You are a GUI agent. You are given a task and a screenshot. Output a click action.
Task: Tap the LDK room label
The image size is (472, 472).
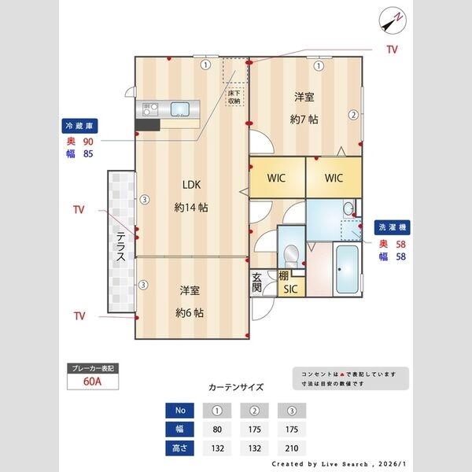tap(191, 185)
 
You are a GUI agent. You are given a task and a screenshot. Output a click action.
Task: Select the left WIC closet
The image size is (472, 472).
tap(276, 178)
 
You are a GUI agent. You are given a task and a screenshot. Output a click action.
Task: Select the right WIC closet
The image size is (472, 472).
tap(334, 178)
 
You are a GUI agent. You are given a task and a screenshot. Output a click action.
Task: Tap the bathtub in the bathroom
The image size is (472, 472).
tap(347, 269)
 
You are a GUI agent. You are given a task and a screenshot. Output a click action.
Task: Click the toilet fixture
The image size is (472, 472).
tap(292, 254)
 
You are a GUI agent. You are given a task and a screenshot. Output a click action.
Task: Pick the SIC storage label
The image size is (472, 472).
tap(291, 289)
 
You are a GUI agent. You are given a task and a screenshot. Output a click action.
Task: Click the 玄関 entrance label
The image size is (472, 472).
tap(257, 282)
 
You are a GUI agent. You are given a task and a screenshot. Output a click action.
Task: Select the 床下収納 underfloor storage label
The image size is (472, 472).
tap(234, 97)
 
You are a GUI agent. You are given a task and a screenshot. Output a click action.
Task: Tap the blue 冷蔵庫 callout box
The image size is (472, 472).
tap(80, 125)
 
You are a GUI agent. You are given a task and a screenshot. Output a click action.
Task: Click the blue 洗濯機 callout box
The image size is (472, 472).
tap(393, 227)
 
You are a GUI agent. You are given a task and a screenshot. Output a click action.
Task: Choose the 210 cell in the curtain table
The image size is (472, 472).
tap(292, 448)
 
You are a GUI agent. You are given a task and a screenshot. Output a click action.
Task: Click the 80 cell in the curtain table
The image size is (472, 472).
tap(216, 430)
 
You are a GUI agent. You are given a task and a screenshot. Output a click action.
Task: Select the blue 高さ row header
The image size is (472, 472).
tap(179, 448)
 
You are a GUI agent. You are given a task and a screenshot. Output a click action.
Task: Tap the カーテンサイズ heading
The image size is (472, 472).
tap(236, 388)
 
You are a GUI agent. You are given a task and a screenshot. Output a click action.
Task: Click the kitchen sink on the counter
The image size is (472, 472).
tap(179, 109)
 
